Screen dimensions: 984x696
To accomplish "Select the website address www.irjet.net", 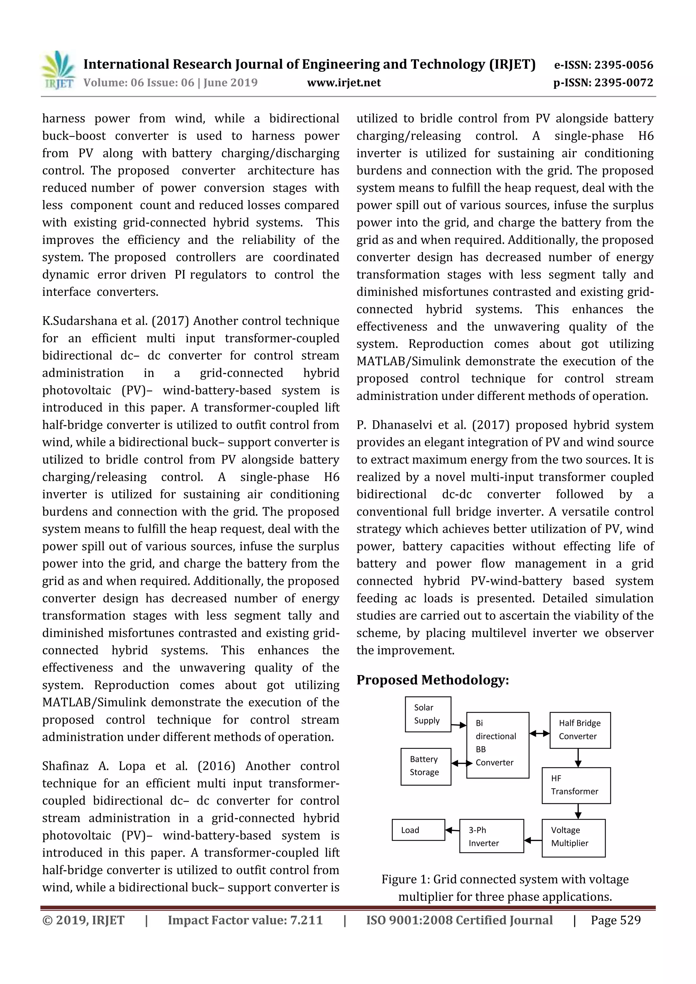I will [344, 83].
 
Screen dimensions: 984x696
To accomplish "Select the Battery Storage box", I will [425, 766].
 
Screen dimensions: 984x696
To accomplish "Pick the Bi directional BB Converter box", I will [497, 744].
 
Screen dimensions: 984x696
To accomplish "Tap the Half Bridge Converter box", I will [580, 730].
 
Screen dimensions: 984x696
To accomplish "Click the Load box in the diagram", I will [418, 830].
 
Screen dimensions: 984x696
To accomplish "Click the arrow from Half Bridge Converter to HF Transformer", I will [578, 757].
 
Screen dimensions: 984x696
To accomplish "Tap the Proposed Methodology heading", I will [432, 680].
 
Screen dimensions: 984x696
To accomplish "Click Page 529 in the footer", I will [615, 920].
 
